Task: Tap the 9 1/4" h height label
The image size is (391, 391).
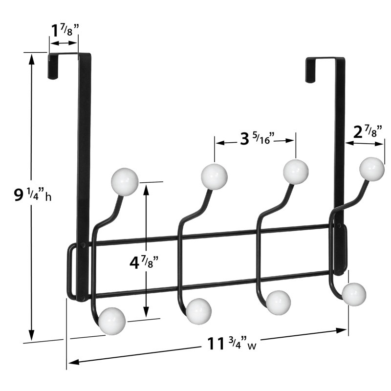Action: (33, 195)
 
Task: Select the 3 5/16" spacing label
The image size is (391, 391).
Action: (257, 138)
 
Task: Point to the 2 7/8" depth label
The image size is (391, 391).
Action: (368, 131)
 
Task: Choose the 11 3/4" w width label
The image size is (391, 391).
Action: (232, 344)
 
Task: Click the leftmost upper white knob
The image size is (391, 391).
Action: (125, 181)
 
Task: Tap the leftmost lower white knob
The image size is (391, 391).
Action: (112, 321)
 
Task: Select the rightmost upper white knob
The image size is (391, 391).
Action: (372, 169)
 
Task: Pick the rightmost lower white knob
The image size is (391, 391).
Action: (354, 294)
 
